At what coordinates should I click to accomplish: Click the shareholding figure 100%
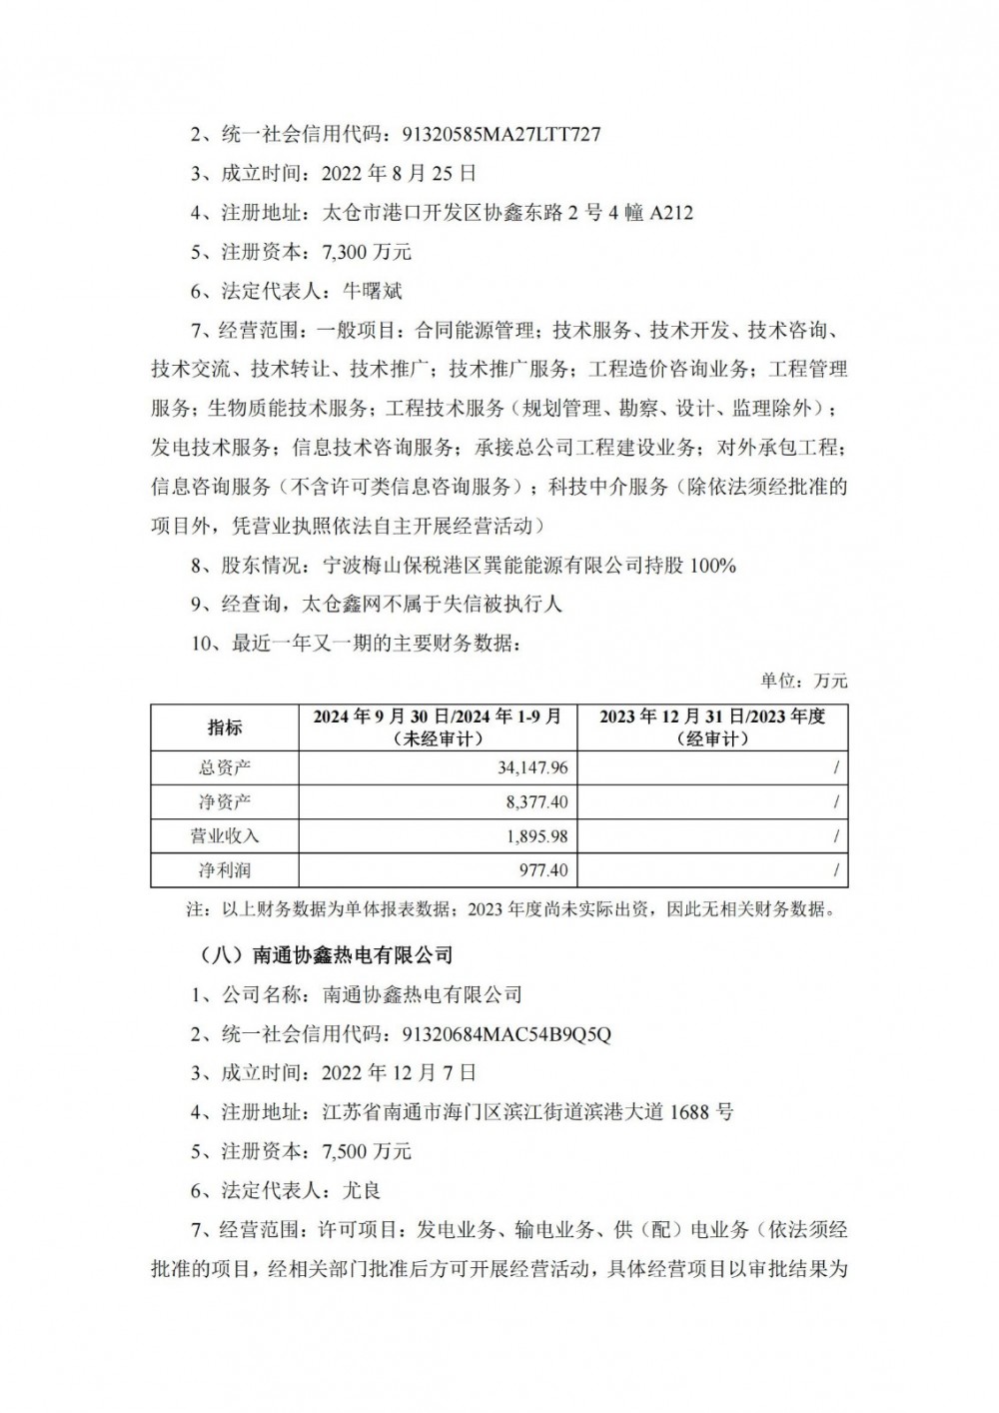point(712,566)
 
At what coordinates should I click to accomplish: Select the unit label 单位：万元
point(803,681)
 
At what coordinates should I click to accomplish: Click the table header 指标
point(225,727)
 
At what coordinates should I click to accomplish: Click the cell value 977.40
point(542,870)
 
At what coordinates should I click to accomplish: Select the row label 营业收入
point(225,835)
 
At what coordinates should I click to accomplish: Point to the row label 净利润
point(225,870)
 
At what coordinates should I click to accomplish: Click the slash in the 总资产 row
point(835,767)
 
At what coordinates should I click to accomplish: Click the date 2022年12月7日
point(399,1073)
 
